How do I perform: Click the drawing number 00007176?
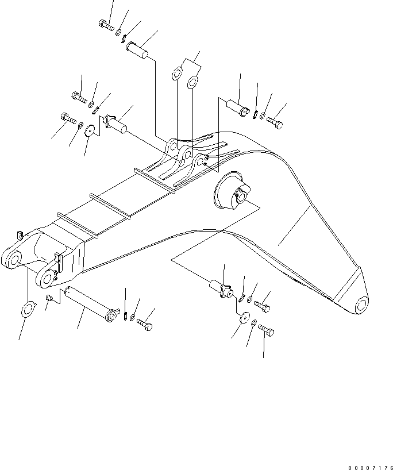370,453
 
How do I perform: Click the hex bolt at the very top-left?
105,25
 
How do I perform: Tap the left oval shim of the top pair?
178,75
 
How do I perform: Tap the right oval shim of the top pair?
194,82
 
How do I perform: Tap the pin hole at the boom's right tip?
360,304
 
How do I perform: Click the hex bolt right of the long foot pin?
145,326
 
